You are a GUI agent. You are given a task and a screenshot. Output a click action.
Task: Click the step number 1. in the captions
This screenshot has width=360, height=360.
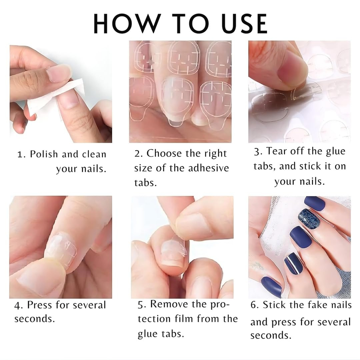[x=21, y=155]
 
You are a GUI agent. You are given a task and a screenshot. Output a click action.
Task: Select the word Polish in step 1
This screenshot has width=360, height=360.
[x=45, y=154]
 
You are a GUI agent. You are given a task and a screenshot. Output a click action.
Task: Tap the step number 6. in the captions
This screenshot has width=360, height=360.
[x=255, y=305]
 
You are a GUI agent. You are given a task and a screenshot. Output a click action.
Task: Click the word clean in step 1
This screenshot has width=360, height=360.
[x=94, y=154]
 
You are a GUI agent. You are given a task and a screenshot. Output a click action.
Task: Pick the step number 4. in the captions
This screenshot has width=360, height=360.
[x=19, y=305]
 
